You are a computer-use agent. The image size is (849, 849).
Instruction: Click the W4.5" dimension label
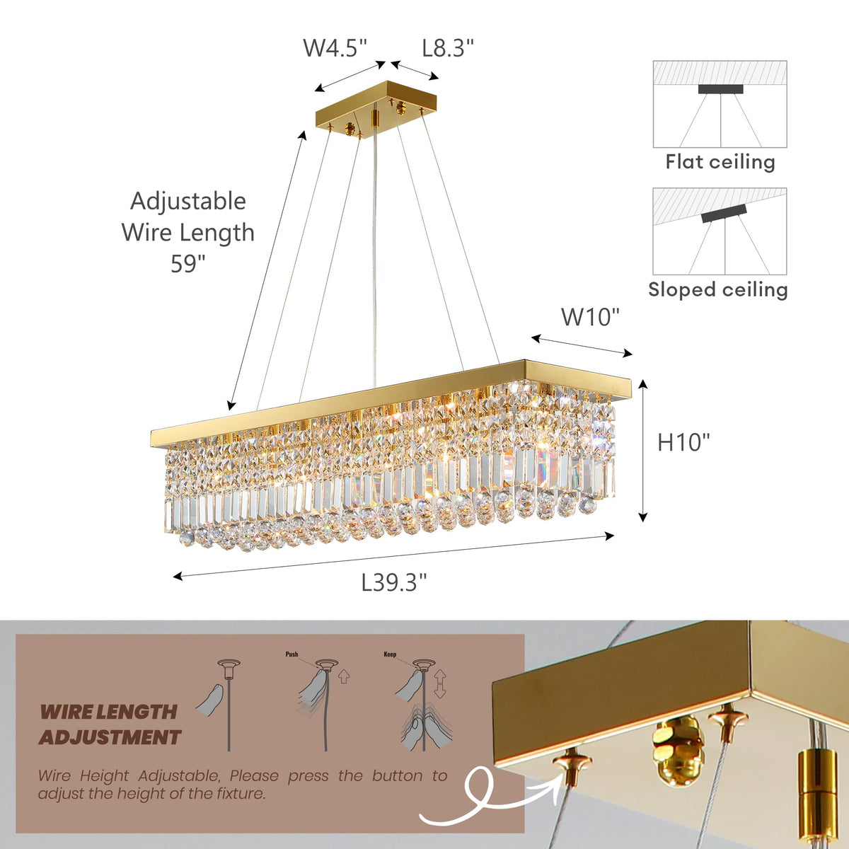click(335, 48)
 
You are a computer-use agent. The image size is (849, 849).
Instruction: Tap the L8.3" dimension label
click(448, 48)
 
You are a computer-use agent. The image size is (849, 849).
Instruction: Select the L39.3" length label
click(394, 582)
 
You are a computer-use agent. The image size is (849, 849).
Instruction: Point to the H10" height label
click(683, 442)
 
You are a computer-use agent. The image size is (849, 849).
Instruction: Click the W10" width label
click(590, 317)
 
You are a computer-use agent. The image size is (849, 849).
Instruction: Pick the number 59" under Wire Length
click(187, 264)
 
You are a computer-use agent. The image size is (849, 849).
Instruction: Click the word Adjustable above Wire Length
click(188, 201)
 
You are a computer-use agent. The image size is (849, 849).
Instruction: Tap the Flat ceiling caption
click(720, 162)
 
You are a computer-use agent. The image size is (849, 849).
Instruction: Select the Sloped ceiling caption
click(718, 289)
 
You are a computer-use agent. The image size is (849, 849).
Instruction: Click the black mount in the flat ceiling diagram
click(720, 89)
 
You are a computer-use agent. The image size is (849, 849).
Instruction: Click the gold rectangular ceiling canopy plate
click(376, 112)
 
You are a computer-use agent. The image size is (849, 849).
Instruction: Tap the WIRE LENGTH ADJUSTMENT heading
click(109, 724)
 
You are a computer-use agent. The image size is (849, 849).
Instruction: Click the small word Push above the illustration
click(291, 654)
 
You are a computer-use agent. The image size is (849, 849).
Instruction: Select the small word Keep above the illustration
click(390, 654)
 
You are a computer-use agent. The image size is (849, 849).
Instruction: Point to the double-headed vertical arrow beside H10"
click(643, 451)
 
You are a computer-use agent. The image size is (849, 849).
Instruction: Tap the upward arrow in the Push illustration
click(344, 676)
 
